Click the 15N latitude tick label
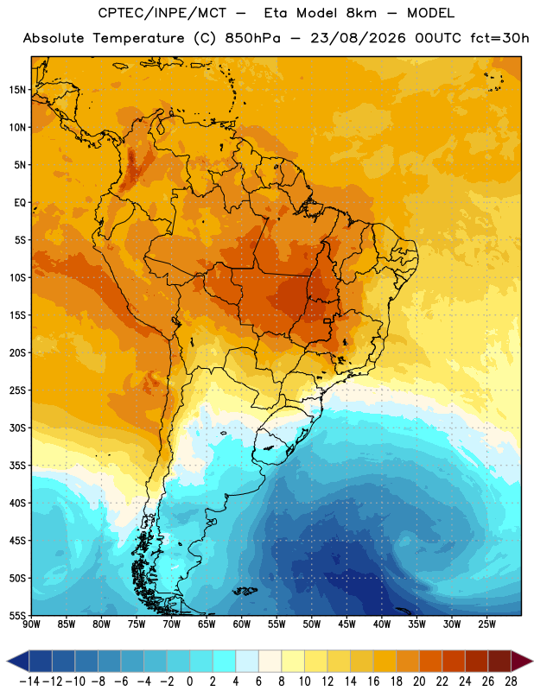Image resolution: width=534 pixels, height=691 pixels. (x=17, y=90)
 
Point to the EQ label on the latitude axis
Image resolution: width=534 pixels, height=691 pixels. (x=20, y=203)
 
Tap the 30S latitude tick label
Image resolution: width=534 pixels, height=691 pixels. (x=17, y=428)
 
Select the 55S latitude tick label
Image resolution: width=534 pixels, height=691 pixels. (x=17, y=616)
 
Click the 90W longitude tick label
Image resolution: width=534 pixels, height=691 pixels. (x=31, y=624)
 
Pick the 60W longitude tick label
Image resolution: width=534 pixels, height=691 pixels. (x=242, y=624)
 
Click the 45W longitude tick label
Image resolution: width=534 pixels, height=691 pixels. (x=346, y=624)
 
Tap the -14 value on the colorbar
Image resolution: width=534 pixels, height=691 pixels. (x=29, y=681)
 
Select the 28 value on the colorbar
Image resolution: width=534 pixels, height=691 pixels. (x=511, y=681)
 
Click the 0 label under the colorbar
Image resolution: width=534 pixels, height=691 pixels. (x=189, y=681)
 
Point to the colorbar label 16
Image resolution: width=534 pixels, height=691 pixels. (x=373, y=681)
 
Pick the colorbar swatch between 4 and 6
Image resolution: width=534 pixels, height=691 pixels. (x=247, y=661)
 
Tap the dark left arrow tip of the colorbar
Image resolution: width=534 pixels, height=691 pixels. (x=7, y=661)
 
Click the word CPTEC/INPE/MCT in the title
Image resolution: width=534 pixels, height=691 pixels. (x=162, y=13)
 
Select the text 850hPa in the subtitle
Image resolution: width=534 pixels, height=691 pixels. (x=252, y=38)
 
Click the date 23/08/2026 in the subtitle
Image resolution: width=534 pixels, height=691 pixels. (x=358, y=38)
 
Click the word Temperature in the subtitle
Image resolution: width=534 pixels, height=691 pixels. (x=139, y=39)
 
